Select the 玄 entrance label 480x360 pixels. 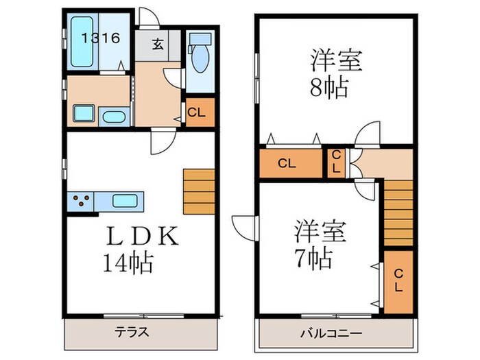(x=158, y=45)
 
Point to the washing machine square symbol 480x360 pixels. (x=83, y=115)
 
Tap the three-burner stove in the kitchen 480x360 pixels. (x=83, y=202)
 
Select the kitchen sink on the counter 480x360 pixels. (x=125, y=202)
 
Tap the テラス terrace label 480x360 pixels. (x=131, y=333)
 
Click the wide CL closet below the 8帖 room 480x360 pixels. (x=289, y=164)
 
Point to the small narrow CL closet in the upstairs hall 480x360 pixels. (x=336, y=163)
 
